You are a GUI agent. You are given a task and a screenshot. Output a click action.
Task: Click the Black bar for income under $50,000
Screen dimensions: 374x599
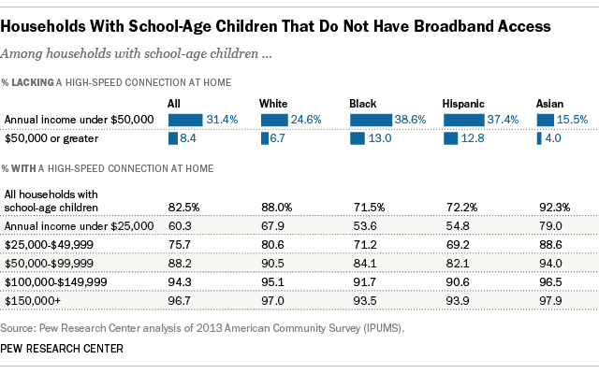pyautogui.click(x=366, y=120)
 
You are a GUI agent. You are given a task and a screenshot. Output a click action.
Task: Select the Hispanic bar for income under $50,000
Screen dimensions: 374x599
pyautogui.click(x=460, y=120)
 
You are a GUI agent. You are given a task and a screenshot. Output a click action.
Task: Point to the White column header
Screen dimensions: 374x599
pyautogui.click(x=275, y=102)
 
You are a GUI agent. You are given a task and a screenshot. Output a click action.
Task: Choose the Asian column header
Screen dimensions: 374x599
pyautogui.click(x=549, y=102)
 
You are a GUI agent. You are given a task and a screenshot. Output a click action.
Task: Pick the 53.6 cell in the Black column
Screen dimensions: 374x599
pyautogui.click(x=359, y=225)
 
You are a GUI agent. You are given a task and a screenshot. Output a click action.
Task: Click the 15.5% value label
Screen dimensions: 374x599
pyautogui.click(x=572, y=120)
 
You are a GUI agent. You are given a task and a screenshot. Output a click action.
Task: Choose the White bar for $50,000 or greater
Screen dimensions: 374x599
pyautogui.click(x=264, y=138)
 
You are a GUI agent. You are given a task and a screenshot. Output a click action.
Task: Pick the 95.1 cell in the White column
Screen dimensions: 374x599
pyautogui.click(x=273, y=282)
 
